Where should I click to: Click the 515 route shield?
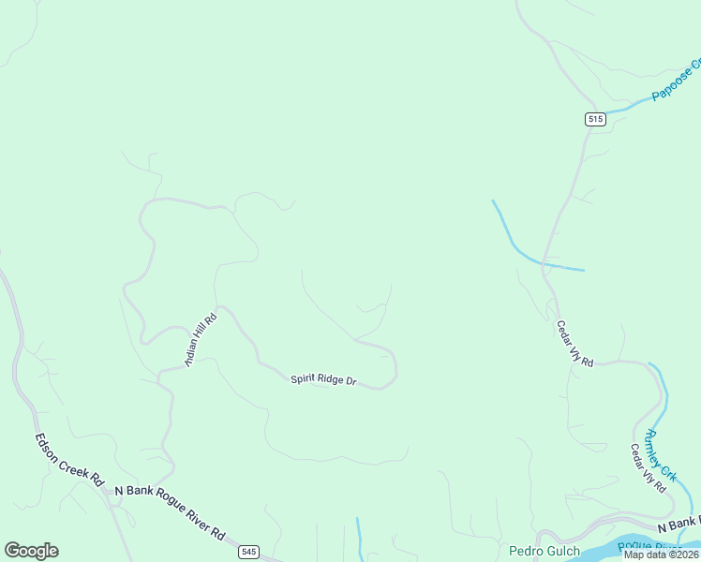coord(595,119)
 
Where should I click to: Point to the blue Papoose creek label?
coord(678,82)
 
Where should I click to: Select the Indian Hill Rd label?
coord(201,339)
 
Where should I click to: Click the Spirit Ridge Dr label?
coord(323,379)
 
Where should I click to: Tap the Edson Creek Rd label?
coord(68,459)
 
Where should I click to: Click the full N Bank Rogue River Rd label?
coord(170,511)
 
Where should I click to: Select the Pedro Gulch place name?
coord(544,551)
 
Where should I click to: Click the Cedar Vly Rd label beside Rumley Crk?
coord(648,468)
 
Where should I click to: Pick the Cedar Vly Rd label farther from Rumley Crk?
coord(574,344)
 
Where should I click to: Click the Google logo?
coord(31,551)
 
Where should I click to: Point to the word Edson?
coord(49,444)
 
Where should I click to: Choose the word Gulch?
coord(563,551)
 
